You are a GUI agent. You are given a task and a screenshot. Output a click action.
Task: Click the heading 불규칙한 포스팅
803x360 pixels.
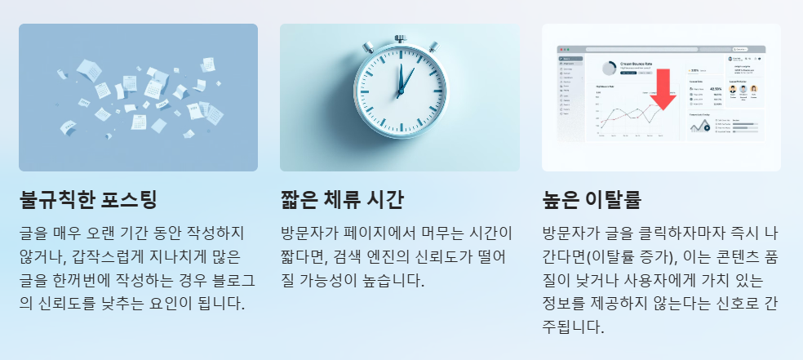pyautogui.click(x=88, y=199)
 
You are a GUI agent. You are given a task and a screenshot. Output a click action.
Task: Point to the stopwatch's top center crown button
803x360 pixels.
pyautogui.click(x=400, y=38)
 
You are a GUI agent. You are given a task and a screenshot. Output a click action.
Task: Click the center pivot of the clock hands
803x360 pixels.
pyautogui.click(x=400, y=96)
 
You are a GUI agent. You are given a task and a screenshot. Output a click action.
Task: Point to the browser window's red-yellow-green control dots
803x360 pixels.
pyautogui.click(x=564, y=49)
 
